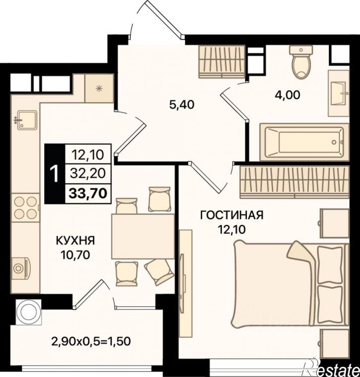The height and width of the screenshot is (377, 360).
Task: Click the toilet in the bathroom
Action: (301, 62)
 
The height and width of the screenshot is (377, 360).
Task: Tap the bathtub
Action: (304, 142)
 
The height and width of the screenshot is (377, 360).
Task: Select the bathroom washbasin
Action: (339, 94)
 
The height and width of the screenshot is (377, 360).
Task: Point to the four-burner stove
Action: (25, 207)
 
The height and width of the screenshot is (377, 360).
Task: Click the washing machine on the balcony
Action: (28, 312)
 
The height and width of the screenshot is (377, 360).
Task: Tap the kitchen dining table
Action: (143, 237)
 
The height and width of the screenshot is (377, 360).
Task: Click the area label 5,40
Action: (182, 105)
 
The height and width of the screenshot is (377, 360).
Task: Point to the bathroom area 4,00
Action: (288, 95)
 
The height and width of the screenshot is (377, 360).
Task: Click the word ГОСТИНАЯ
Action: (232, 215)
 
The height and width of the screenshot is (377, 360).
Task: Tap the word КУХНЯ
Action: (75, 241)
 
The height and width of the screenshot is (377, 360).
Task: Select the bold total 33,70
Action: (88, 193)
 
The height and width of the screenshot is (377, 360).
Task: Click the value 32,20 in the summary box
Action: (88, 174)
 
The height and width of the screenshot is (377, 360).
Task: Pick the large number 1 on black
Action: (55, 174)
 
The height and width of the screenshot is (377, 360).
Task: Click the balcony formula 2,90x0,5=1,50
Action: (91, 341)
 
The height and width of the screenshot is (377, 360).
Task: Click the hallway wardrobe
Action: (222, 62)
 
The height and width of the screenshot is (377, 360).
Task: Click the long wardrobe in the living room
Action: (294, 182)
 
